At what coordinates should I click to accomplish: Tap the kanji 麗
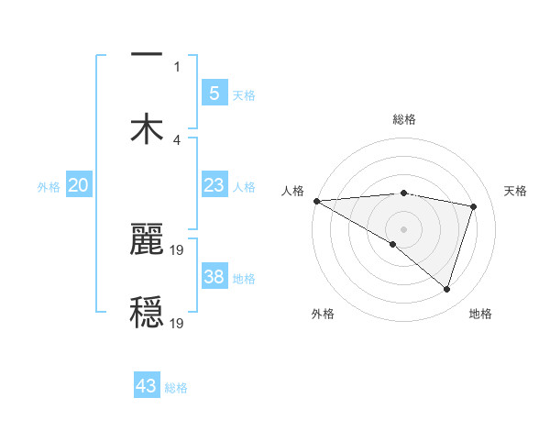[x=147, y=239]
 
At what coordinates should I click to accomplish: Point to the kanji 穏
[x=147, y=312]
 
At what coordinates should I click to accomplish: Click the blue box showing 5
[x=214, y=93]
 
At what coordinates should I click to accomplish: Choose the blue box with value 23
[x=214, y=185]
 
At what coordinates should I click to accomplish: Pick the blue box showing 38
[x=214, y=277]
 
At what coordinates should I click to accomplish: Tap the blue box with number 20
[x=79, y=186]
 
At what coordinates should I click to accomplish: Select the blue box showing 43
[x=147, y=386]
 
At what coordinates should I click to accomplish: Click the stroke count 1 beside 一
[x=177, y=67]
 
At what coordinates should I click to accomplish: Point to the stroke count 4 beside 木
[x=177, y=140]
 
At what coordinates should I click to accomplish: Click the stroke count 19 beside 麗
[x=179, y=249]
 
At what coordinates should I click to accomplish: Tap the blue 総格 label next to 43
[x=176, y=388]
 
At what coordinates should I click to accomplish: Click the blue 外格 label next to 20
[x=49, y=187]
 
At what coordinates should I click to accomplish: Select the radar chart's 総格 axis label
[x=403, y=119]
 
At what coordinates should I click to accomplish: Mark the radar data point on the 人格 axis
[x=316, y=201]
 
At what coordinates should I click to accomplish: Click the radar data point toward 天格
[x=474, y=206]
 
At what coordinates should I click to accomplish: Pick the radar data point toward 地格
[x=446, y=289]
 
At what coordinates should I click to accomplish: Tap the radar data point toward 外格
[x=393, y=244]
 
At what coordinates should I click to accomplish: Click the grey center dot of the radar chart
[x=403, y=228]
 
